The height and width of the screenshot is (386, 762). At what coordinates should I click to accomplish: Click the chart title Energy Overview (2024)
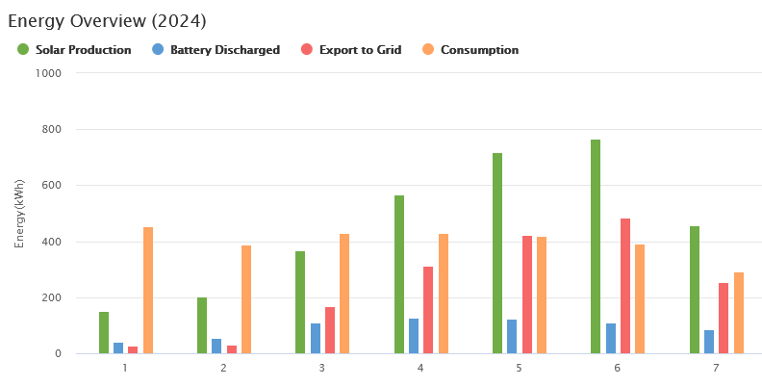107,20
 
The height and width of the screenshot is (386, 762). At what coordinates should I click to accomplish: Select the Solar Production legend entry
74,50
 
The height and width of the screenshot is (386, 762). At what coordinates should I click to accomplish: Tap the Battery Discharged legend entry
216,50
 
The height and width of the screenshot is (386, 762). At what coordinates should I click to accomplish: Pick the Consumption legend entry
470,50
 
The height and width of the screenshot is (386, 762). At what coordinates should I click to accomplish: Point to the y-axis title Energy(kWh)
19,214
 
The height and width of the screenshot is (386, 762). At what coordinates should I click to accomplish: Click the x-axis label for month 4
420,369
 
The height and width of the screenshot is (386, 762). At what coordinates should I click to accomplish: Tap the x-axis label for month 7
715,369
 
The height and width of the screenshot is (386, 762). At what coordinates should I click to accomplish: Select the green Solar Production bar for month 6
596,246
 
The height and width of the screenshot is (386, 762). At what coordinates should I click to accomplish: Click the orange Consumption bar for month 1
148,290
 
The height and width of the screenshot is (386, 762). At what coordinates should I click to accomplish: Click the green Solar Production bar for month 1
104,332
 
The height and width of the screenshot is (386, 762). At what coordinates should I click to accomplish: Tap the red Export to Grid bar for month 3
330,330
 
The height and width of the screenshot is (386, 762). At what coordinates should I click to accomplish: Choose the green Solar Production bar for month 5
497,253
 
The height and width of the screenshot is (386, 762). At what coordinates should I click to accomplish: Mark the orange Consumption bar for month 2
246,299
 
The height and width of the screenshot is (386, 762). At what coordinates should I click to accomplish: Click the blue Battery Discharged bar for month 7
709,342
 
